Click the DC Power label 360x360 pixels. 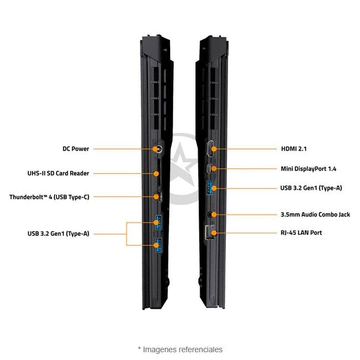click(76, 149)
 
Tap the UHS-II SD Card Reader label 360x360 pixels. click(58, 173)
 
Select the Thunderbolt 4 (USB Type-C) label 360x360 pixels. click(49, 197)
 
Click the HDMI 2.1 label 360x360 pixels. click(294, 149)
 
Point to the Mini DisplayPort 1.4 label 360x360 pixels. click(308, 169)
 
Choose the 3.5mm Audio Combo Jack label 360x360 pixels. click(315, 214)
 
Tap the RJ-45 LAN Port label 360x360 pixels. click(301, 233)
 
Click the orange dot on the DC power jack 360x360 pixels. click(156, 149)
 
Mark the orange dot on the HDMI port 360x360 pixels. click(214, 149)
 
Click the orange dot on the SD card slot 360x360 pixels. click(156, 173)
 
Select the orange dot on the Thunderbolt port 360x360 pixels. click(156, 197)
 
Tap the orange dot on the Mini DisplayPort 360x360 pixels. click(214, 169)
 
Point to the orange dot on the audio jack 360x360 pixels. click(214, 214)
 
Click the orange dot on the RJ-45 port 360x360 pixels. click(214, 233)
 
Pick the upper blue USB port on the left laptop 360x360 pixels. click(158, 222)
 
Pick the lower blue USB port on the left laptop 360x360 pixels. click(158, 245)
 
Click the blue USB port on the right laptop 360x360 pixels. click(210, 188)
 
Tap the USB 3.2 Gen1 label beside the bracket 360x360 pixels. click(58, 234)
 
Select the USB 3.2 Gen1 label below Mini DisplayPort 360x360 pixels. click(311, 188)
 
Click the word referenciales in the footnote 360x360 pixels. click(200, 349)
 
